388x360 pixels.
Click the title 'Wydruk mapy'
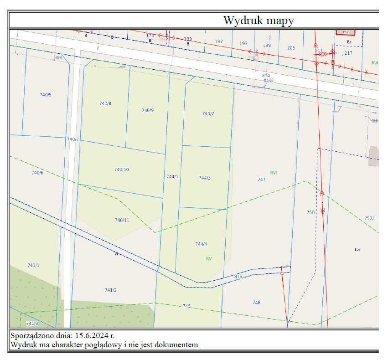click(x=259, y=21)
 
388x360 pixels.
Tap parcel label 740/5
click(x=46, y=95)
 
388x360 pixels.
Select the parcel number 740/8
click(x=105, y=103)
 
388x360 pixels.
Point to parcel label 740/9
click(x=148, y=110)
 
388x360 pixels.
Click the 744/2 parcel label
click(x=208, y=113)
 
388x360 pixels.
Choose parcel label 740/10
click(x=121, y=170)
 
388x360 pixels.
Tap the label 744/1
click(x=172, y=176)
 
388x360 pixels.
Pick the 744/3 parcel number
click(x=205, y=178)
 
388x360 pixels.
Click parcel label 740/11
click(x=122, y=220)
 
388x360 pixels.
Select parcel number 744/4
click(x=201, y=244)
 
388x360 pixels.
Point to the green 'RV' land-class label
click(x=209, y=258)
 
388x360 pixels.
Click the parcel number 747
click(x=261, y=180)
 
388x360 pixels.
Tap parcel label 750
click(x=310, y=212)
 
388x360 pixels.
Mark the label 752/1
click(x=370, y=218)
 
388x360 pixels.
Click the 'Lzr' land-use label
click(x=357, y=250)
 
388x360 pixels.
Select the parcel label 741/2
click(x=111, y=290)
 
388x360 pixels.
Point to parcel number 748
click(x=256, y=302)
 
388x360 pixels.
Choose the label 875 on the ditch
click(x=238, y=277)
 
